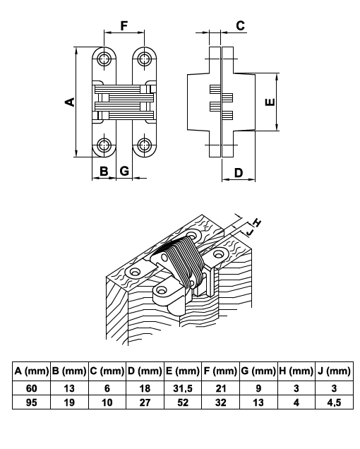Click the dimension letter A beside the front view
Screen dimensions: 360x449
70,102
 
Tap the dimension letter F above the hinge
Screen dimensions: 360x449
124,26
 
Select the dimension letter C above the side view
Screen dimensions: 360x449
240,26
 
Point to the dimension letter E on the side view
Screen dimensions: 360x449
270,102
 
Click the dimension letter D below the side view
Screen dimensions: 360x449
239,173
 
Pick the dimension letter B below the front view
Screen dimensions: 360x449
104,172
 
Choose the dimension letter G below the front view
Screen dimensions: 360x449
124,172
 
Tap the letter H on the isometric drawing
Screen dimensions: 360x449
257,222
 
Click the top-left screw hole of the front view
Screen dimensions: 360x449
104,59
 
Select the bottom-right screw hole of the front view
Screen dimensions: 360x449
144,145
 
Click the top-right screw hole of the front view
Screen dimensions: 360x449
144,59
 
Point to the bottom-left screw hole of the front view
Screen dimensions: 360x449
104,145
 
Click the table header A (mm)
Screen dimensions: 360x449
32,371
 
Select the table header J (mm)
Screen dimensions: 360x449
334,371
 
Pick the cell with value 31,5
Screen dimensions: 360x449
183,388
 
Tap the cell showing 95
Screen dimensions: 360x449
32,402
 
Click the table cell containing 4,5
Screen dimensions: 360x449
334,402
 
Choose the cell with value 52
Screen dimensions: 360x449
183,402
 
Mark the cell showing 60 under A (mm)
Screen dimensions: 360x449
32,388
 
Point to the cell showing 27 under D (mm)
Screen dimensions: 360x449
145,402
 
